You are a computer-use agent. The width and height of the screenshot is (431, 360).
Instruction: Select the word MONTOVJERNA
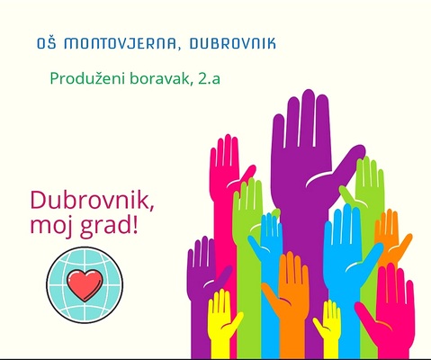120,44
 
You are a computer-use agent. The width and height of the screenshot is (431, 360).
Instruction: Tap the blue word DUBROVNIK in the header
233,43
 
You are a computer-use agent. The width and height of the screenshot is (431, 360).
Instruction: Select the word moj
50,225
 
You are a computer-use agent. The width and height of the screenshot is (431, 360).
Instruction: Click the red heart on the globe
85,284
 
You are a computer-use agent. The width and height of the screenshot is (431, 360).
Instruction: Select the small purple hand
204,270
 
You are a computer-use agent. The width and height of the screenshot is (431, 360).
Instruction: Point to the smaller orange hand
390,240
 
